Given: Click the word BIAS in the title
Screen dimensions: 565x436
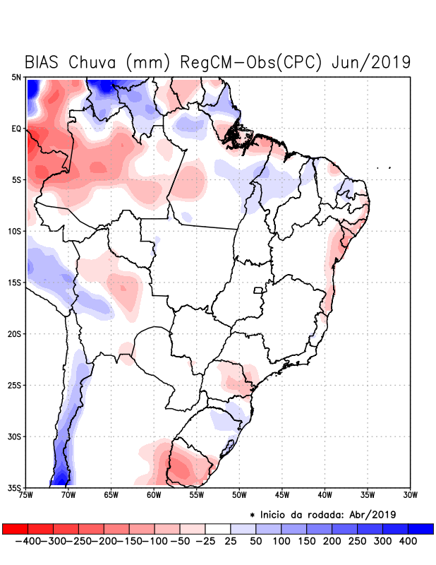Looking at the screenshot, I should pos(44,61).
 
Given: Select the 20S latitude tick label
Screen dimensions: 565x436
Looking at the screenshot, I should pos(16,334).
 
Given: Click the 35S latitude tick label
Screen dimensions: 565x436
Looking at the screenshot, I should pos(16,488).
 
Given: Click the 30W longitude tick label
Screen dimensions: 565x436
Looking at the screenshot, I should pos(410,494).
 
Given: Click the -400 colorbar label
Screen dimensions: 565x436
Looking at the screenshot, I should pos(27,541).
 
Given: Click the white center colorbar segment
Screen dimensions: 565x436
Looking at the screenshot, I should pos(218,529).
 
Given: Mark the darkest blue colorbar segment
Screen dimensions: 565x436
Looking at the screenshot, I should pos(421,529).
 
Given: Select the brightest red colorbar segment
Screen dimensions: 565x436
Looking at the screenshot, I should pos(15,529).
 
